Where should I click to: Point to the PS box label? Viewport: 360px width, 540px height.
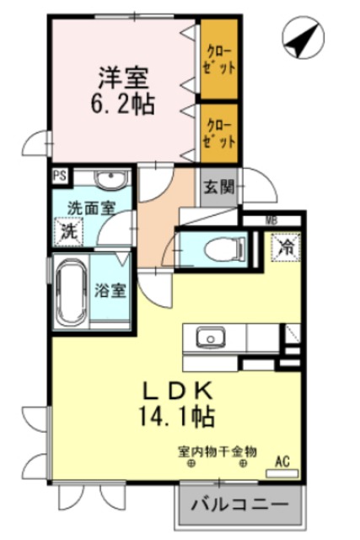click(x=59, y=176)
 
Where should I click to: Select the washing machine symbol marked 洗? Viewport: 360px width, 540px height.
click(x=67, y=229)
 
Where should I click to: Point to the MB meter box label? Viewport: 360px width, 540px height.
click(x=271, y=221)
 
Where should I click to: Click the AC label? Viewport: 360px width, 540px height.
click(x=282, y=462)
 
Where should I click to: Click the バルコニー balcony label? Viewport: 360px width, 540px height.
click(x=237, y=507)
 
